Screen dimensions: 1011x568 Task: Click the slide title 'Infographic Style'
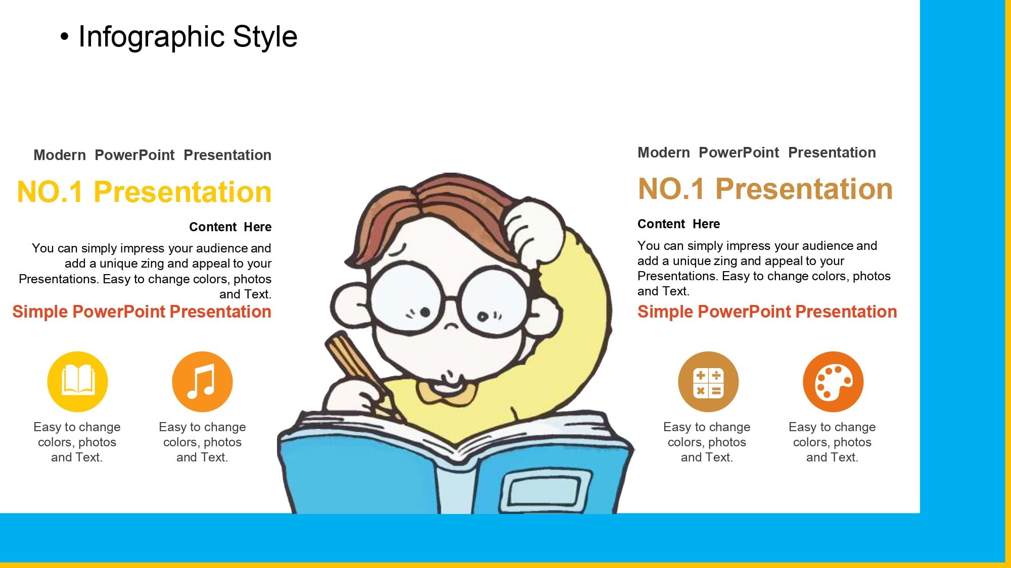188,37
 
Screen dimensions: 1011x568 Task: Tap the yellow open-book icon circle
77,382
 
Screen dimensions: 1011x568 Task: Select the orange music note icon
202,382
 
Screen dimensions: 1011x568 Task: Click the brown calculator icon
708,382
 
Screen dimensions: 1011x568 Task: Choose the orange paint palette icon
833,382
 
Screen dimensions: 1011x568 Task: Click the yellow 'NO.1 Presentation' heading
144,192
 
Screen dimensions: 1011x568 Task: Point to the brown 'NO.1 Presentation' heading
765,189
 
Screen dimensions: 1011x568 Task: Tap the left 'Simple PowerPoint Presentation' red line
142,312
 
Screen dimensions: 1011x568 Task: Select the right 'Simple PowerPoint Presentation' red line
767,312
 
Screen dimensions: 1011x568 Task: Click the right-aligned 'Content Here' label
230,227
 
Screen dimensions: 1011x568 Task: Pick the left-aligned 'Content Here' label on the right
678,224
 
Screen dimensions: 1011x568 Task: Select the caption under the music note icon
202,442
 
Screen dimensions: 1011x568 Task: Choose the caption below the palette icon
832,442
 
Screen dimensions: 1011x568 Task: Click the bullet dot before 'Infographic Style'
64,37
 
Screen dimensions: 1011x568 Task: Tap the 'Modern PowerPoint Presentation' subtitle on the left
152,155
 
